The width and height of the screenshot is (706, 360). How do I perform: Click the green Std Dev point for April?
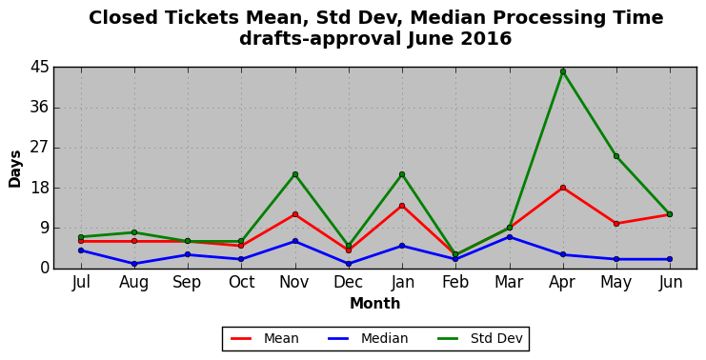pyautogui.click(x=563, y=71)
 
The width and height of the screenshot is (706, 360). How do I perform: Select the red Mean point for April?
pyautogui.click(x=563, y=188)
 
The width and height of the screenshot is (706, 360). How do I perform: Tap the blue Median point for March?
pyautogui.click(x=509, y=237)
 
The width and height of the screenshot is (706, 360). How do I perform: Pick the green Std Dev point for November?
pyautogui.click(x=295, y=174)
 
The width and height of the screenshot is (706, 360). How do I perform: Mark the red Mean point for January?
pyautogui.click(x=402, y=206)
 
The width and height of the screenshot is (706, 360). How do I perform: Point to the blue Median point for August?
pyautogui.click(x=134, y=264)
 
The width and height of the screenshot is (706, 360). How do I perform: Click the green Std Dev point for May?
pyautogui.click(x=616, y=156)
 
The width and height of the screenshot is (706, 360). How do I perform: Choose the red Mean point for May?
pyautogui.click(x=616, y=224)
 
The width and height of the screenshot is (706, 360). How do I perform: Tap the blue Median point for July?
pyautogui.click(x=81, y=250)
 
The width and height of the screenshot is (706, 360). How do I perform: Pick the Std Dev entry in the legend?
pyautogui.click(x=479, y=338)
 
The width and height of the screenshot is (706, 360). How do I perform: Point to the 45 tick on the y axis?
pyautogui.click(x=39, y=68)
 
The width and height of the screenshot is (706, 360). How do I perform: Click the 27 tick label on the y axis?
pyautogui.click(x=39, y=148)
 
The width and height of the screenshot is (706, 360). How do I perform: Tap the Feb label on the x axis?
pyautogui.click(x=455, y=282)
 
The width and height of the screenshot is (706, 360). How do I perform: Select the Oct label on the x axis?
pyautogui.click(x=241, y=282)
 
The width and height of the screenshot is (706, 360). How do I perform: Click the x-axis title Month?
pyautogui.click(x=375, y=303)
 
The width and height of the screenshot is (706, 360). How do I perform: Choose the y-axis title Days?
pyautogui.click(x=15, y=170)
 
